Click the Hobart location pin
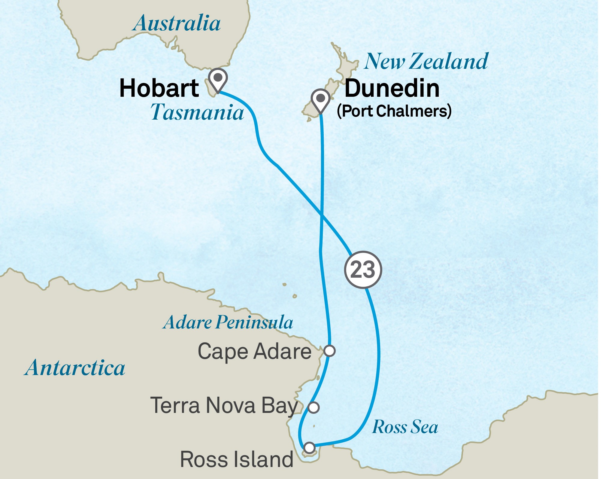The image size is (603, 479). click(x=218, y=78)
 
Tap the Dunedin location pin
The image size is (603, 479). click(x=320, y=99)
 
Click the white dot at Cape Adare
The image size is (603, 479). click(x=330, y=351)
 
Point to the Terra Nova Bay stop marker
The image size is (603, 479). click(x=314, y=407)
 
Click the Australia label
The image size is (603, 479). click(x=177, y=23)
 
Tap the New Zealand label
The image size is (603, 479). click(x=426, y=61)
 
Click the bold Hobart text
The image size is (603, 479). click(x=159, y=88)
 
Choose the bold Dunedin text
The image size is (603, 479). click(x=392, y=88)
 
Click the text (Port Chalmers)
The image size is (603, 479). click(x=394, y=111)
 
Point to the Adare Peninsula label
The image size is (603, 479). click(x=228, y=322)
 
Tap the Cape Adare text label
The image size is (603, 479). click(x=254, y=351)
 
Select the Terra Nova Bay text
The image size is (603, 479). click(x=224, y=406)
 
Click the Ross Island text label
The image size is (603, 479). click(x=237, y=459)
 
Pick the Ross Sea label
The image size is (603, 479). click(x=405, y=427)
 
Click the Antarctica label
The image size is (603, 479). click(x=75, y=368)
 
